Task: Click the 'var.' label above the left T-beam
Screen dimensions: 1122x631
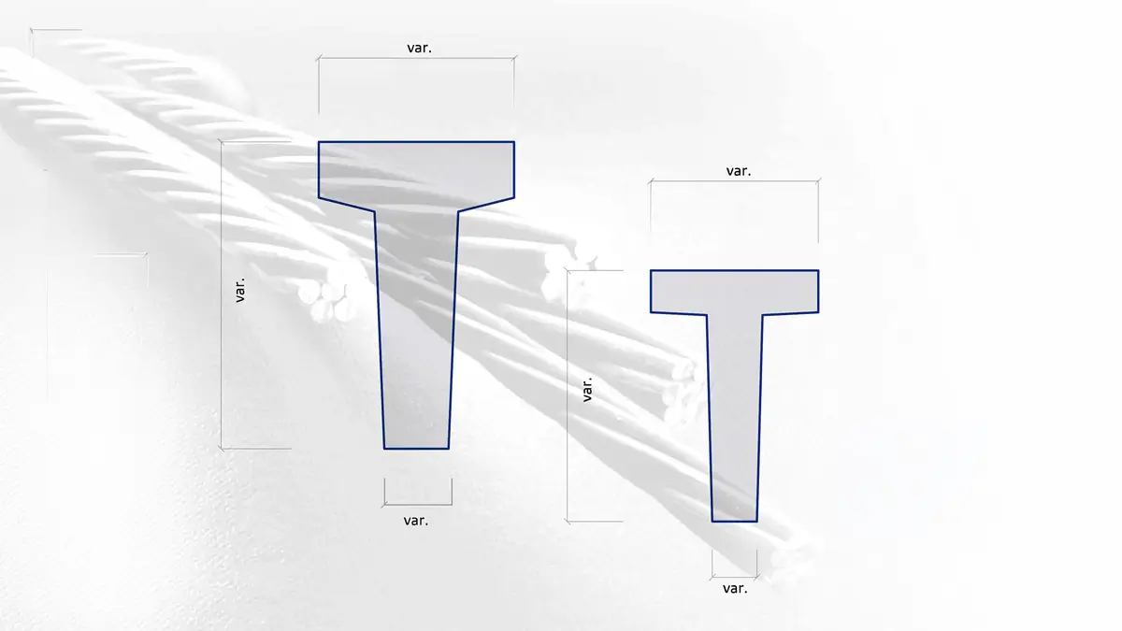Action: tap(419, 48)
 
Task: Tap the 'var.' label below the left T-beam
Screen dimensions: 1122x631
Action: tap(416, 521)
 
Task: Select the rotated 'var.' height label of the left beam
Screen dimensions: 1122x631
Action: tap(240, 290)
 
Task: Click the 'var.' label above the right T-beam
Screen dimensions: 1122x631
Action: tap(739, 171)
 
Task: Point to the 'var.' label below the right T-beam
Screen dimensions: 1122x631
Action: tap(735, 588)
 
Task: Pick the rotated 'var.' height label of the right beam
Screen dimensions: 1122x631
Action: tap(587, 389)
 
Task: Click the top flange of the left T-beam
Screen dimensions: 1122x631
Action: tap(416, 170)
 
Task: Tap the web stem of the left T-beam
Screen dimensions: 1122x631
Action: tap(416, 331)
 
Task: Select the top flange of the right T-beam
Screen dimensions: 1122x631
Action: tap(734, 292)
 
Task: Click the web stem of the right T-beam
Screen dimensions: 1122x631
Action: tap(734, 418)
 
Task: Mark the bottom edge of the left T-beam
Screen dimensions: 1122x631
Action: tap(416, 449)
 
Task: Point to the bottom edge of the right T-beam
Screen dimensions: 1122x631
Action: tap(734, 522)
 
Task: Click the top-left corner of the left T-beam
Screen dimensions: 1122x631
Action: tap(319, 142)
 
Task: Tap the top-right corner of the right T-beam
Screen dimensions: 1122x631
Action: tap(819, 270)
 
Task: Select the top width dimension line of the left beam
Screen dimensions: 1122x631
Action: tap(416, 59)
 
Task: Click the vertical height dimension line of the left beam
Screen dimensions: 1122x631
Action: tap(222, 295)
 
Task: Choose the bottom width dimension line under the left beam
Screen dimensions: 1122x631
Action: tap(418, 504)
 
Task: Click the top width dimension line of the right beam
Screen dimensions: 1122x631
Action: tap(734, 181)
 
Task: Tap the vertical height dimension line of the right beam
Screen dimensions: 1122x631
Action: tap(568, 396)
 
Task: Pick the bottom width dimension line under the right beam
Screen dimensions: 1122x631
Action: tap(734, 577)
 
